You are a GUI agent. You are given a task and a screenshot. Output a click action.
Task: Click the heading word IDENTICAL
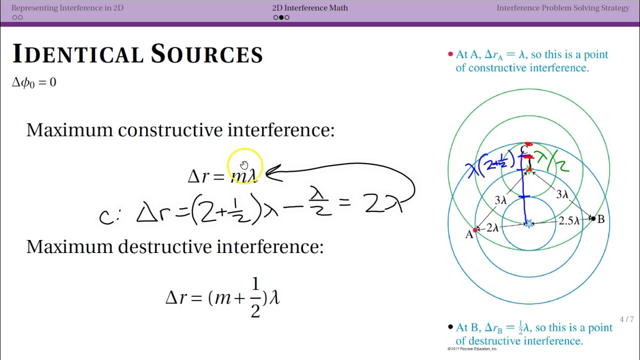click(75, 54)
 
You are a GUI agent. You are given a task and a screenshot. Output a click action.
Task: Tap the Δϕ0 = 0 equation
click(34, 82)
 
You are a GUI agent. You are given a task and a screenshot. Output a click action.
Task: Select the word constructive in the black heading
click(170, 130)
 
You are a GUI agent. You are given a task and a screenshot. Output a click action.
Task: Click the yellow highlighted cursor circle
click(244, 166)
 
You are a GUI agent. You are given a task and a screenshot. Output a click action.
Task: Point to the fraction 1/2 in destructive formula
click(255, 298)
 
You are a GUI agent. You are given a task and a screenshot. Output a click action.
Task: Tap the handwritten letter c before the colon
click(105, 216)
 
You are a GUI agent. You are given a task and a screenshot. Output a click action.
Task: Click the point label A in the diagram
click(468, 235)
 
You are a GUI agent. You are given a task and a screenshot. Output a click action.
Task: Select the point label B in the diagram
click(601, 219)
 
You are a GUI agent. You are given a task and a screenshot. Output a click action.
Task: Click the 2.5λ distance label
click(569, 221)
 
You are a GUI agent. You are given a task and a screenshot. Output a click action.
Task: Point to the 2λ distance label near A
click(492, 228)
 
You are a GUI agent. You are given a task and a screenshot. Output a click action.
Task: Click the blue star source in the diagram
click(529, 223)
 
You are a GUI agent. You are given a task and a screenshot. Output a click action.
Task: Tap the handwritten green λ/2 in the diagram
click(551, 161)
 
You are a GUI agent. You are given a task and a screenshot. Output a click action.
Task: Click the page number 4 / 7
click(626, 319)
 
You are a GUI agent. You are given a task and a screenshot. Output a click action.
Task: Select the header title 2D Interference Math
click(310, 8)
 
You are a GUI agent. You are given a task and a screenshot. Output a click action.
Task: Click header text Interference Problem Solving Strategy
click(562, 8)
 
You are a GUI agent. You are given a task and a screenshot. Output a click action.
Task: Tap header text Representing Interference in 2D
click(67, 8)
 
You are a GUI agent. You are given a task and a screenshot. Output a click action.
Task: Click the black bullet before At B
click(450, 327)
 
